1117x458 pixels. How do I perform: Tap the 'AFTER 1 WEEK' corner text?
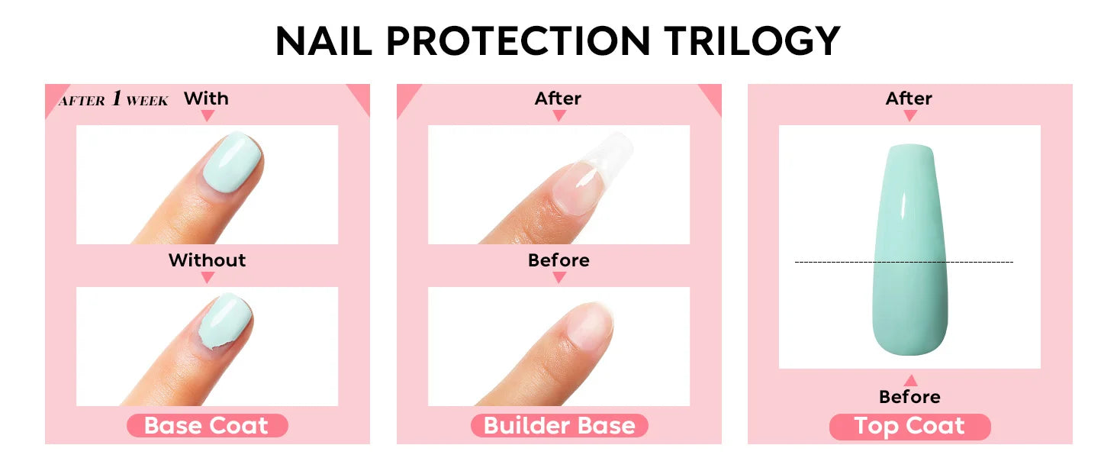pyautogui.click(x=114, y=99)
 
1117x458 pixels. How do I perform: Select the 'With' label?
pyautogui.click(x=206, y=98)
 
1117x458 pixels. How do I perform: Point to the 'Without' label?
pyautogui.click(x=207, y=260)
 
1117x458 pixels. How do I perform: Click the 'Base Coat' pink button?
pyautogui.click(x=207, y=426)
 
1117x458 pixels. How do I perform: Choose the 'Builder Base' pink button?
pyautogui.click(x=559, y=426)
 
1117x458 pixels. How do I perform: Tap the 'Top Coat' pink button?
pyautogui.click(x=909, y=426)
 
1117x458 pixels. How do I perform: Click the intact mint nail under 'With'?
pyautogui.click(x=232, y=160)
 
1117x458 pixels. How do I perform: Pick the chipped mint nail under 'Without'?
pyautogui.click(x=224, y=321)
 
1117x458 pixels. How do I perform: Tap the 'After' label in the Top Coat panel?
pyautogui.click(x=909, y=98)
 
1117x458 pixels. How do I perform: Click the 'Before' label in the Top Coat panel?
pyautogui.click(x=909, y=397)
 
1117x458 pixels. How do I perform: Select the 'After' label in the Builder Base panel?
pyautogui.click(x=558, y=98)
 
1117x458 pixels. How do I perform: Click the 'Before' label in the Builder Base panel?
pyautogui.click(x=558, y=260)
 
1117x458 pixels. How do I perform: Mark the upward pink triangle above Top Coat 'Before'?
pyautogui.click(x=909, y=380)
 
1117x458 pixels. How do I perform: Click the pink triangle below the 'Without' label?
pyautogui.click(x=207, y=278)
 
